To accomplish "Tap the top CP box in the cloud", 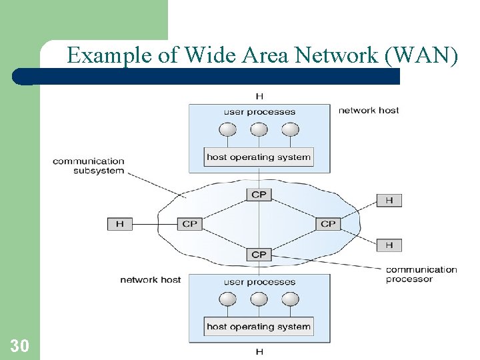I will point(259,195).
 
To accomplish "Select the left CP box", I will point(190,224).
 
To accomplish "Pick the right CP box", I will point(328,224).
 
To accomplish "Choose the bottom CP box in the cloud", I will point(259,254).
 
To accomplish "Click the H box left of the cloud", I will point(119,224).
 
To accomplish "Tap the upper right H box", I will point(389,200).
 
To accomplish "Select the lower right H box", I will point(389,245).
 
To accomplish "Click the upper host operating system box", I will point(259,157).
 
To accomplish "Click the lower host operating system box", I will point(259,327).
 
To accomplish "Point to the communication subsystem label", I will point(89,166).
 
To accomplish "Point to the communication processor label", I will point(421,274).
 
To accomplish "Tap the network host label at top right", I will point(368,110).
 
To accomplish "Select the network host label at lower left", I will point(150,279).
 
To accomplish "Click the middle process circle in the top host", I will point(259,129).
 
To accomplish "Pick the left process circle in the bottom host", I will point(229,299).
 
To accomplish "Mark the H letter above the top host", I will point(259,97).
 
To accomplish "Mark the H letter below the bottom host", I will point(259,351).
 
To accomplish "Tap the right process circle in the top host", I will point(289,129).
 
